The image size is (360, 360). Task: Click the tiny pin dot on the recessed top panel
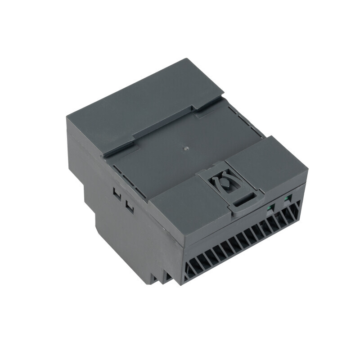[x=185, y=146]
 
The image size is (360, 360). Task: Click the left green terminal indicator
[x=269, y=207]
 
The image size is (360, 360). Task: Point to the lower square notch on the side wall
[x=130, y=207]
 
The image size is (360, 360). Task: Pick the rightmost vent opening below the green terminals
[x=296, y=211]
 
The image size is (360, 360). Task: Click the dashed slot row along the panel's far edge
[x=245, y=119]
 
